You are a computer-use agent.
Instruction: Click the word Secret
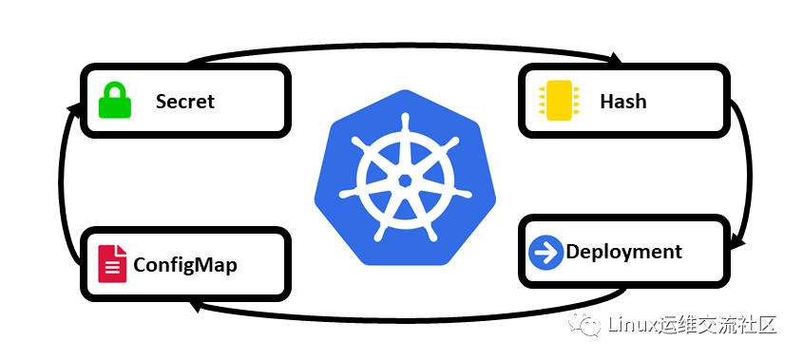coord(185,102)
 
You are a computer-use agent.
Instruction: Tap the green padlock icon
coord(115,102)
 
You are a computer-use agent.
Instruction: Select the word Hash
coord(623,102)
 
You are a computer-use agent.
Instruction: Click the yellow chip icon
coord(559,101)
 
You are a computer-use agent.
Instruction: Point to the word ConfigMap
coord(185,265)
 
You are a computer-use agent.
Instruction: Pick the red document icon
coord(113,264)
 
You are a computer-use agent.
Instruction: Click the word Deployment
coord(623,253)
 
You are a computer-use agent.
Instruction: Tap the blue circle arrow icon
coord(545,252)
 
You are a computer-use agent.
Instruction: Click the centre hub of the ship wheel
coord(405,180)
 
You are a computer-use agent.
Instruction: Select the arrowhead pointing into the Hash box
coord(615,57)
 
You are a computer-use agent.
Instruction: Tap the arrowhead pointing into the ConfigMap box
coord(195,306)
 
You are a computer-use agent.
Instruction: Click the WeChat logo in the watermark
coord(585,324)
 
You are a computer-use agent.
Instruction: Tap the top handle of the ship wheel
coord(406,122)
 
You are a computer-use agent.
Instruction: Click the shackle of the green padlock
coord(115,90)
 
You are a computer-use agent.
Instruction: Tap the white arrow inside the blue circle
coord(546,252)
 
